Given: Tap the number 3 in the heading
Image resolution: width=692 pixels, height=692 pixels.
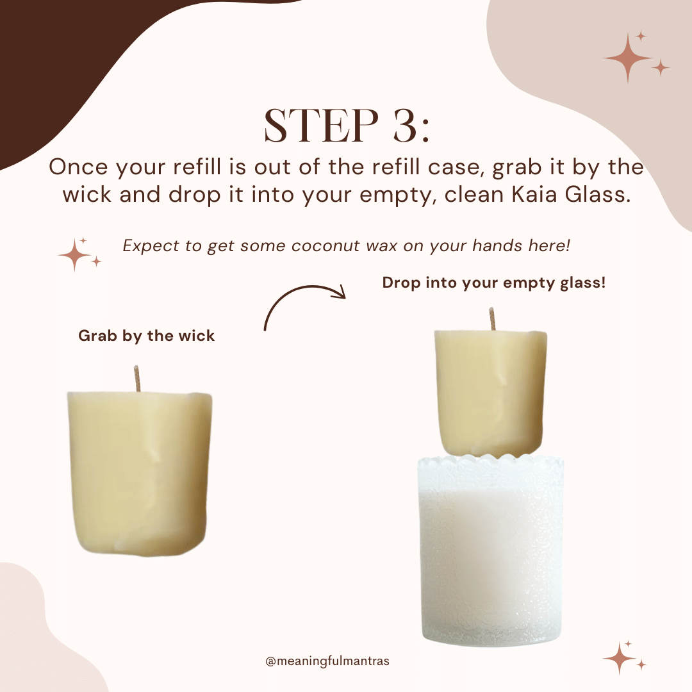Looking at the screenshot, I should click(399, 126).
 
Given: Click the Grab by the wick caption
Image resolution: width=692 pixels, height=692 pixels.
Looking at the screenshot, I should click(146, 336).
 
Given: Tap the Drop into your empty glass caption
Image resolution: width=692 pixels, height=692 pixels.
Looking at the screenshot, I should click(493, 283).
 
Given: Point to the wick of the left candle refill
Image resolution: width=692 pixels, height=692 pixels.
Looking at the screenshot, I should click(136, 378).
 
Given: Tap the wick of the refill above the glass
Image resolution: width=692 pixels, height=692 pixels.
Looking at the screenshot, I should click(492, 318).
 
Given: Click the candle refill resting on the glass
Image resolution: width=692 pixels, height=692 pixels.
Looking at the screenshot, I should click(491, 392).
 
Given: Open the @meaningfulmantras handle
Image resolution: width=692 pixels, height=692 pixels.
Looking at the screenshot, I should click(327, 661).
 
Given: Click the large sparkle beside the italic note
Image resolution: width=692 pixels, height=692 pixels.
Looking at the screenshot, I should click(75, 255).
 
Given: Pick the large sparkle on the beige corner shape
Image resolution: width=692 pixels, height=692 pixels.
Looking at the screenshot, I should click(628, 56).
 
